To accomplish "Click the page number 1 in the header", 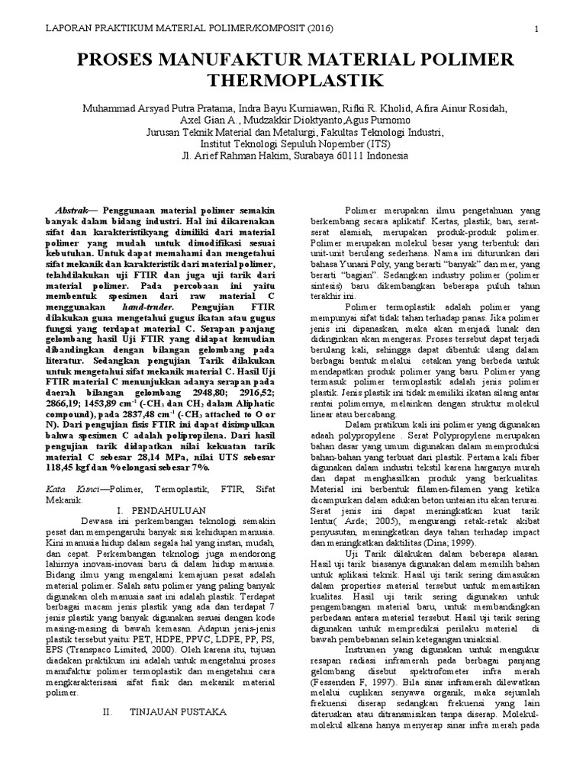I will point(537,29).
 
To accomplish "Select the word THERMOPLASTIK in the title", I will point(293,81).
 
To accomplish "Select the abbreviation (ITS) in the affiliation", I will point(372,143).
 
